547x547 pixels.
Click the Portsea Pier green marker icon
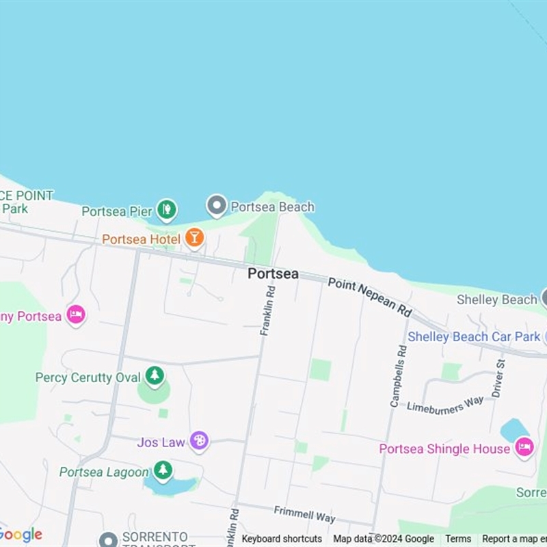click(x=166, y=209)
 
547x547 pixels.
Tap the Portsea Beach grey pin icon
click(x=217, y=205)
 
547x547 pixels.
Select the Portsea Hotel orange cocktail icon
click(x=195, y=238)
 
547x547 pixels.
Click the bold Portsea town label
click(x=273, y=273)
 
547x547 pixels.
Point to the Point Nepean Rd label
click(x=370, y=296)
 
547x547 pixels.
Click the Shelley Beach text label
click(x=496, y=299)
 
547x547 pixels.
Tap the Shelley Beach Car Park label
click(x=472, y=336)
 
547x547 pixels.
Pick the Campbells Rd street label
click(x=398, y=376)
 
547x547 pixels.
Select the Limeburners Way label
click(x=445, y=405)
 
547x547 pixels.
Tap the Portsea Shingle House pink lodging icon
click(x=524, y=448)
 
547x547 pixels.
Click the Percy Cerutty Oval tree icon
click(x=155, y=376)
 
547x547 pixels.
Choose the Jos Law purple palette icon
click(x=199, y=441)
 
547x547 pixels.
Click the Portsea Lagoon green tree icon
click(x=163, y=471)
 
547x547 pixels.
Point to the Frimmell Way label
click(x=304, y=514)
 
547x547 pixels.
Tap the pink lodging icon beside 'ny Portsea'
click(x=76, y=315)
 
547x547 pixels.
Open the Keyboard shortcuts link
click(x=282, y=539)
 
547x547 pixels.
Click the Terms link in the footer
click(x=458, y=539)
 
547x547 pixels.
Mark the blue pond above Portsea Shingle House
click(x=514, y=429)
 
